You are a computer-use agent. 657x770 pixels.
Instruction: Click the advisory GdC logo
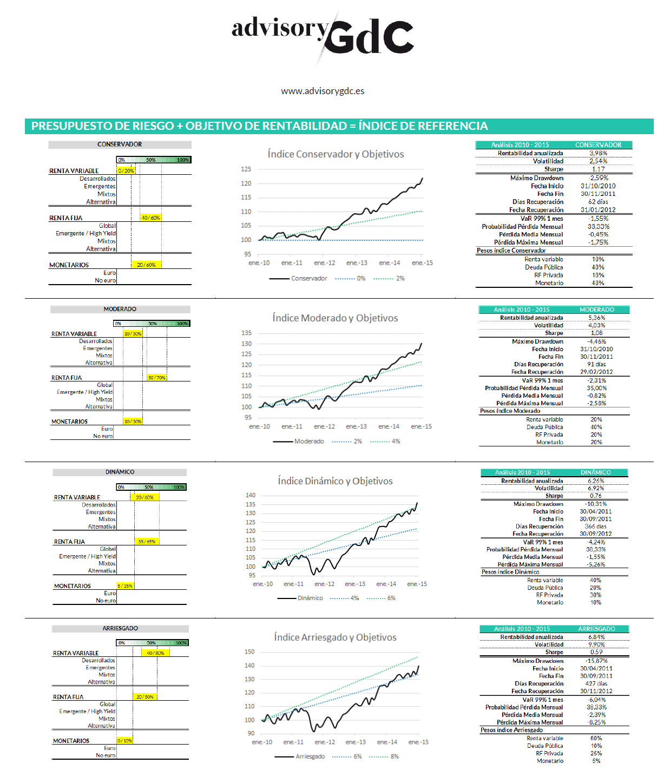tap(323, 35)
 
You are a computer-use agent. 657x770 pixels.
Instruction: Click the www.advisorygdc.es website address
tap(323, 91)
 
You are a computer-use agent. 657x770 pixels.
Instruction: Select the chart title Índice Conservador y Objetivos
tap(336, 154)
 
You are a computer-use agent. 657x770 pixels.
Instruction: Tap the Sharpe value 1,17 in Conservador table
tap(598, 169)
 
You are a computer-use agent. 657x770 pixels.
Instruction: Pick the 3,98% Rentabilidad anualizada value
tap(598, 153)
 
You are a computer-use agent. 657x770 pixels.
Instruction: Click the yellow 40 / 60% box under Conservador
tap(150, 218)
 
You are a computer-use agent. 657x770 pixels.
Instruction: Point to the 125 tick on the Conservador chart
tap(246, 169)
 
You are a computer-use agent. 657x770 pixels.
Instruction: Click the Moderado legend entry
tap(308, 442)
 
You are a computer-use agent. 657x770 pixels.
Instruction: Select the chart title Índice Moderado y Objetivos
tap(335, 318)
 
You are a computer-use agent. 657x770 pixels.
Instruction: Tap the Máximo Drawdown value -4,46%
tap(596, 341)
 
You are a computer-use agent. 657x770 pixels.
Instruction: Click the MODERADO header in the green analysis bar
tap(597, 310)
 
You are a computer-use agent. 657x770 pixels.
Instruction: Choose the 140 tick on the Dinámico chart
tap(251, 495)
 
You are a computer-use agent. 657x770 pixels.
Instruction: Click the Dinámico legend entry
tap(310, 598)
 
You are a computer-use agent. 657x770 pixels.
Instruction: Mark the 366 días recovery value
tap(595, 527)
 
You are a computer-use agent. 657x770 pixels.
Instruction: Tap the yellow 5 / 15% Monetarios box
tap(125, 585)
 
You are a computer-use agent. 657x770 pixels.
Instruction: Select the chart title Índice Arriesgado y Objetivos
tap(335, 637)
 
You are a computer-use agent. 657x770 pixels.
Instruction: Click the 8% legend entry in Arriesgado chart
tap(394, 756)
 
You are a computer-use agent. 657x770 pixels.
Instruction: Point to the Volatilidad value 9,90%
tap(596, 644)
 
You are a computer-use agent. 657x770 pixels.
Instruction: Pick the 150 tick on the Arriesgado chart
tap(249, 652)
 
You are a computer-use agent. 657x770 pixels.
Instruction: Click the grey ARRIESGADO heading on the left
tap(120, 628)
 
